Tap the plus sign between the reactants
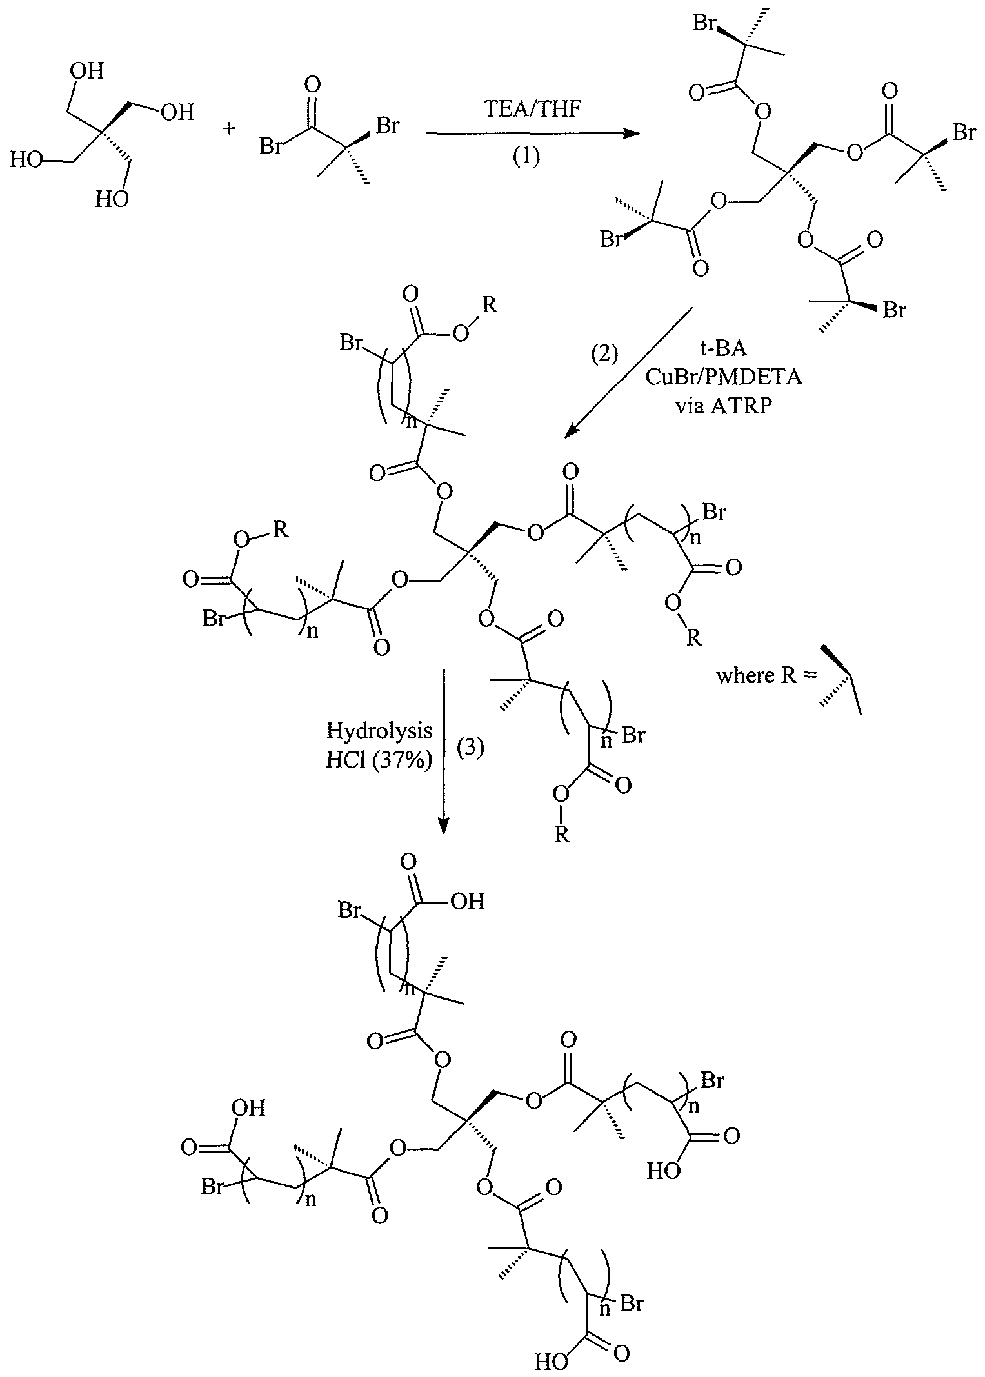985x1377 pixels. coord(230,130)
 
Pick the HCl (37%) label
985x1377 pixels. coord(379,761)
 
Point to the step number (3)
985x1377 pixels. coord(470,750)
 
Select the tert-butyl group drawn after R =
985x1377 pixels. coord(842,680)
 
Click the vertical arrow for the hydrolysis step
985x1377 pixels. coord(443,751)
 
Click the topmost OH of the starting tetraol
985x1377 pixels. coord(88,72)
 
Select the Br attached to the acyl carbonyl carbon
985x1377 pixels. coord(270,147)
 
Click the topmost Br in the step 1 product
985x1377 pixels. coord(705,23)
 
